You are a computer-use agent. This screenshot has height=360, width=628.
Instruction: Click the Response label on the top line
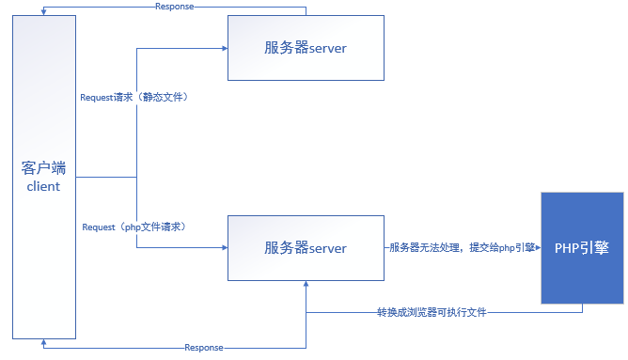point(174,7)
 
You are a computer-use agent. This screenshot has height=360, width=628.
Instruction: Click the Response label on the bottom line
point(204,348)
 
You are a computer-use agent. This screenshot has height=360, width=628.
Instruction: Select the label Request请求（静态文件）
point(140,98)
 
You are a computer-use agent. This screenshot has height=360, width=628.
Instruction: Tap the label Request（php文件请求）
point(133,227)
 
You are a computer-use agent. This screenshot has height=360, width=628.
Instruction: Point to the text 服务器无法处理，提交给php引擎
point(463,248)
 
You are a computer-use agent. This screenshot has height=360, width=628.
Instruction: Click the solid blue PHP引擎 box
point(582,248)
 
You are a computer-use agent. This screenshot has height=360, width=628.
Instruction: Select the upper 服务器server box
point(306,47)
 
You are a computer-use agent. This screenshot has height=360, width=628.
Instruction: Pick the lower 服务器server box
point(306,248)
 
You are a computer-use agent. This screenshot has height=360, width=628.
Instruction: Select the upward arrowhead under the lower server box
point(306,286)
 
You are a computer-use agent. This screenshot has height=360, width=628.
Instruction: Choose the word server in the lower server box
point(328,248)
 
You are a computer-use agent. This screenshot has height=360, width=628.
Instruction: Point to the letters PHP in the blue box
point(569,248)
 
